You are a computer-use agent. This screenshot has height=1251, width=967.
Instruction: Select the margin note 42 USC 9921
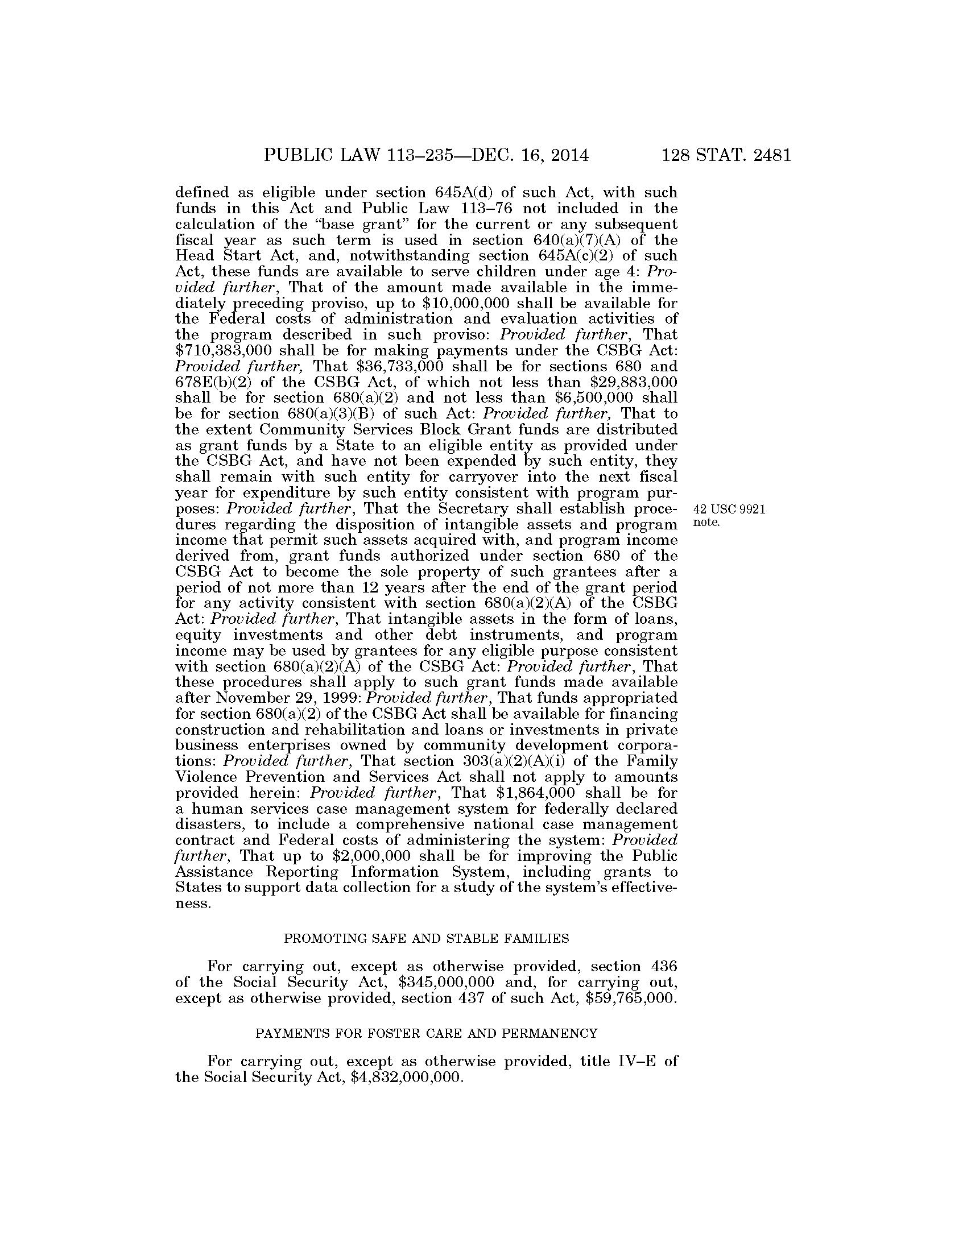pyautogui.click(x=729, y=511)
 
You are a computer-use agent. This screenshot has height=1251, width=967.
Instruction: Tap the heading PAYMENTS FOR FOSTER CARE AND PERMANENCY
pyautogui.click(x=426, y=1033)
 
